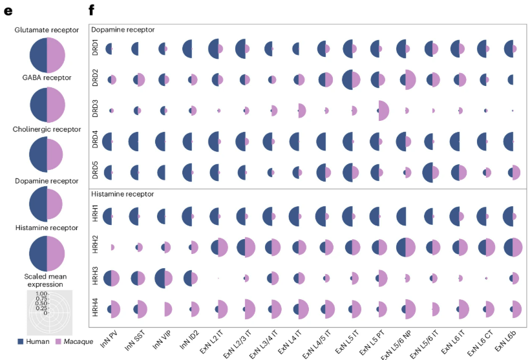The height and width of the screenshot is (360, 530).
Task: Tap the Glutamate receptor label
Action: click(x=47, y=30)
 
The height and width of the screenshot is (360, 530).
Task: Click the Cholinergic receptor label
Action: click(x=47, y=129)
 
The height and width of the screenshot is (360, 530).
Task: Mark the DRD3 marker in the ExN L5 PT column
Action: click(x=379, y=111)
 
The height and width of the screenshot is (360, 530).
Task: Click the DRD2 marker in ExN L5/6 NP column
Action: click(x=406, y=79)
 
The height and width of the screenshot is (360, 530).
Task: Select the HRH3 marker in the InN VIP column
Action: click(x=165, y=278)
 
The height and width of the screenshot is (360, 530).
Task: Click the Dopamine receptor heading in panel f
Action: click(x=122, y=30)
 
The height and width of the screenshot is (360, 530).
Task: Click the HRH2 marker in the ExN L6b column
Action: click(x=513, y=247)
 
